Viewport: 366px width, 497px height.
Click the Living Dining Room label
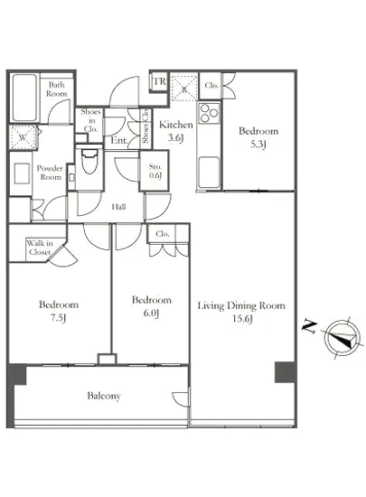click(241, 305)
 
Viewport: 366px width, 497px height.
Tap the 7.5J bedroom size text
click(59, 318)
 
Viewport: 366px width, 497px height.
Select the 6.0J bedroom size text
click(151, 314)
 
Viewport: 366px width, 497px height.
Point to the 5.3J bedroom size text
click(258, 145)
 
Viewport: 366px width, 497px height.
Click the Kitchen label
click(176, 125)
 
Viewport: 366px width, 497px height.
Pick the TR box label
click(159, 81)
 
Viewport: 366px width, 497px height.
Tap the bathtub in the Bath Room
click(24, 98)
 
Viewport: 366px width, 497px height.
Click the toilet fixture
click(89, 160)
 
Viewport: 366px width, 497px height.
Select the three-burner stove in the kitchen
click(209, 113)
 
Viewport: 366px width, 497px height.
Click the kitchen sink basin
click(209, 171)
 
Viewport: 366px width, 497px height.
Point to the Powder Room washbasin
click(22, 173)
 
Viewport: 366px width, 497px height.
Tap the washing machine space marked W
click(23, 137)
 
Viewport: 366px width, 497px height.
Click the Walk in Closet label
click(40, 248)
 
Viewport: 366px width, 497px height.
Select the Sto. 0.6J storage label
click(155, 171)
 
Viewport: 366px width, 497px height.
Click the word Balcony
click(104, 396)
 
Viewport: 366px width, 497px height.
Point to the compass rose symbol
click(343, 338)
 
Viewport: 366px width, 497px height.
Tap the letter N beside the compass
click(309, 327)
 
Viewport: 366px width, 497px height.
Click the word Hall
click(118, 207)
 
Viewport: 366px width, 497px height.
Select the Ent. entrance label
click(119, 140)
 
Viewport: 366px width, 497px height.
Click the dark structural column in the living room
click(286, 371)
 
